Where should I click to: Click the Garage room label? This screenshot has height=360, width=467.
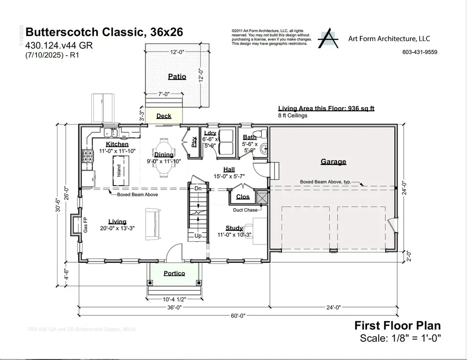[x=333, y=162]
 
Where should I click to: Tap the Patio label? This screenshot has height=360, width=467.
[x=177, y=77]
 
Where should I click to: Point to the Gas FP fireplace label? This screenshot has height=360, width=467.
[x=85, y=224]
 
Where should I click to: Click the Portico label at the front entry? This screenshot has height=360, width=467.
[x=174, y=273]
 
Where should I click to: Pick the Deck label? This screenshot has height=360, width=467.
[x=164, y=116]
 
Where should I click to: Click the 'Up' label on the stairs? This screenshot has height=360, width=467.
[x=198, y=236]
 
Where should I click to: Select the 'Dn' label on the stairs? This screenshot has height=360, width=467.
[x=198, y=188]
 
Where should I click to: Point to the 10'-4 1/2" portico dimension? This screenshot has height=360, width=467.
[x=174, y=299]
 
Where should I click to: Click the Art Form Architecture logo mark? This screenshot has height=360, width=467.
[x=328, y=39]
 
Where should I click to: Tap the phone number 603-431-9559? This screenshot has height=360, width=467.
[x=420, y=52]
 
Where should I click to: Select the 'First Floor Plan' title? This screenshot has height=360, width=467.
[x=397, y=326]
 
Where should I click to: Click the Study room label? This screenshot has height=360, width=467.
[x=234, y=228]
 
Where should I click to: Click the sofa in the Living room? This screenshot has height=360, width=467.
[x=152, y=223]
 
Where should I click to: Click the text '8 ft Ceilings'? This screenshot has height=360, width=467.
[x=293, y=115]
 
